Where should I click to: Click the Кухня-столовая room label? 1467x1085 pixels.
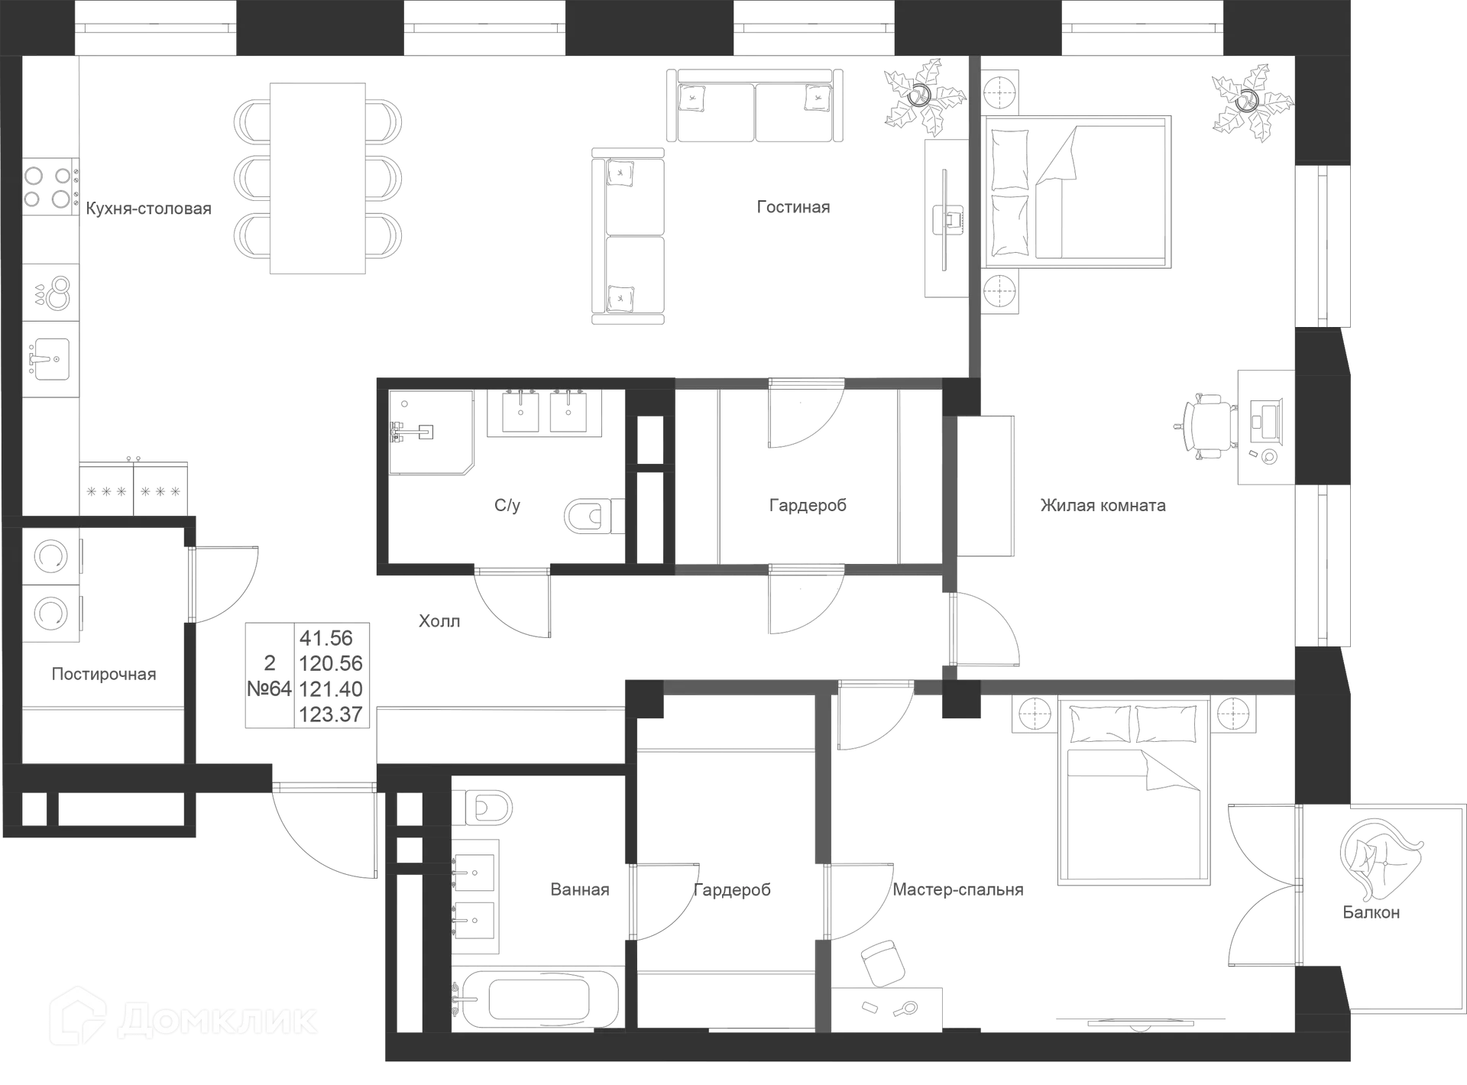coord(149,209)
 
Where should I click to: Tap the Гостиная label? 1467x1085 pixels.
coord(792,208)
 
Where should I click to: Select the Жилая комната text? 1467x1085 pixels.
coord(1103,505)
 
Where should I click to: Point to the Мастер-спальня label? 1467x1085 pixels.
coord(958,890)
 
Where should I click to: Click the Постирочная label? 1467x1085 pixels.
coord(104,675)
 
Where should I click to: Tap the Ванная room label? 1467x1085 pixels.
coord(580,890)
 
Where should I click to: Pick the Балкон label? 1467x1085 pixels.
coord(1371,912)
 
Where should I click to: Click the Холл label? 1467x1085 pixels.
coord(440,620)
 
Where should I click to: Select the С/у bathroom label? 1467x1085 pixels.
coord(508,506)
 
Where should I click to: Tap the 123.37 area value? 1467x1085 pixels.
coord(331,714)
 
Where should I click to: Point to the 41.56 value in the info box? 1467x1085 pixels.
coord(327,638)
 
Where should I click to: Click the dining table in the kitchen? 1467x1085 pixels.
coord(317,177)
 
